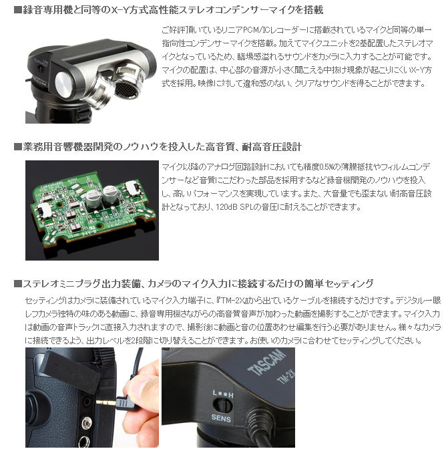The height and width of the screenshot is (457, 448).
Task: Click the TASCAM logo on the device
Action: click(x=266, y=362)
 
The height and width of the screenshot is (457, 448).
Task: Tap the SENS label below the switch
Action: click(x=221, y=418)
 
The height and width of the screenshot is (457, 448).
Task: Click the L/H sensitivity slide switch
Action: click(x=223, y=406)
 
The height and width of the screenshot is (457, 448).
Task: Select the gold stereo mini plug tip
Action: click(x=105, y=403)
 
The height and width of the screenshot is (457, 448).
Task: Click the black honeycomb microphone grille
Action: click(x=126, y=87)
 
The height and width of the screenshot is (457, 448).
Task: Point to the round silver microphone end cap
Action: click(x=66, y=84)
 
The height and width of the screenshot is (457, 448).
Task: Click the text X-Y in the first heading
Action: click(x=121, y=10)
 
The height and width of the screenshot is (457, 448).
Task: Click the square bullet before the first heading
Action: click(x=18, y=10)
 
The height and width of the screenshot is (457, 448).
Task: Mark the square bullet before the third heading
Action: click(x=18, y=283)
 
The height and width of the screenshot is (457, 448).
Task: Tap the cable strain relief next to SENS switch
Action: click(x=257, y=420)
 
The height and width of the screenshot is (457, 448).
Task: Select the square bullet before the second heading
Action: click(x=18, y=147)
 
